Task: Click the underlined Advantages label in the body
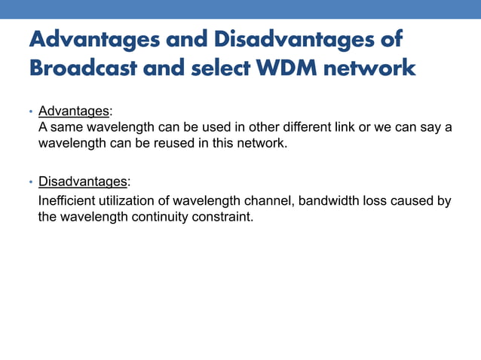pos(73,111)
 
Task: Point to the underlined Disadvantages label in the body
pos(82,182)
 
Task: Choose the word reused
pos(173,143)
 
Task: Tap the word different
pos(305,127)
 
